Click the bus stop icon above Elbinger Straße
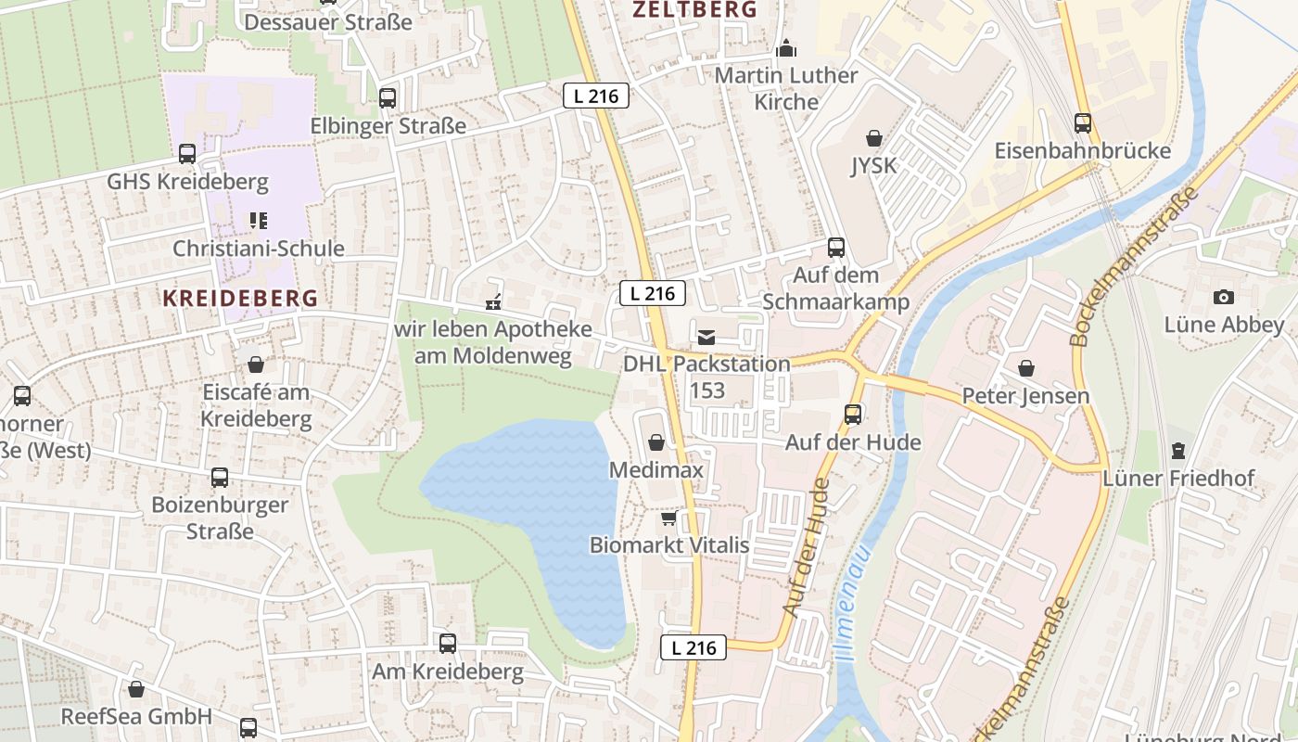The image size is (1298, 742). pos(388,97)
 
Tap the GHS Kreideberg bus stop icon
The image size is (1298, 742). pos(187,153)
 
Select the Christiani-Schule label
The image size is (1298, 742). pos(259,249)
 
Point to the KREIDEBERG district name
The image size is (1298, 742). pos(240,298)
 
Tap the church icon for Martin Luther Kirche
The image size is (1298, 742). pos(786,47)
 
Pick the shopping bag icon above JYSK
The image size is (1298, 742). pos(873,139)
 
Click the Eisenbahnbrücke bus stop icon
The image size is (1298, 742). pos(1082,122)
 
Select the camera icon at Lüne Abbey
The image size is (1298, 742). pos(1224,297)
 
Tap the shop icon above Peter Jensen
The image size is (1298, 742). pos(1026,368)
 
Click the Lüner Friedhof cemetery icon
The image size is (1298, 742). pos(1177,451)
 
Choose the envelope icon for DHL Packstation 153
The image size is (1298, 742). pos(706,337)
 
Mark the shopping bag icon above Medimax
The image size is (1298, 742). pos(656,442)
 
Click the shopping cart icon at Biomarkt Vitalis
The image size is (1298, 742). pos(669,518)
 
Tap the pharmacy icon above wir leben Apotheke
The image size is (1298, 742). pos(493,301)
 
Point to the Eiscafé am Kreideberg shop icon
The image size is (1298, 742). pos(256,365)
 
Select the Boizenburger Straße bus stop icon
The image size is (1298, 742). pos(220,478)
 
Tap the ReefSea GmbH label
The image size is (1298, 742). pos(136,716)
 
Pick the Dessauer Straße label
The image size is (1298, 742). pos(328,21)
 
